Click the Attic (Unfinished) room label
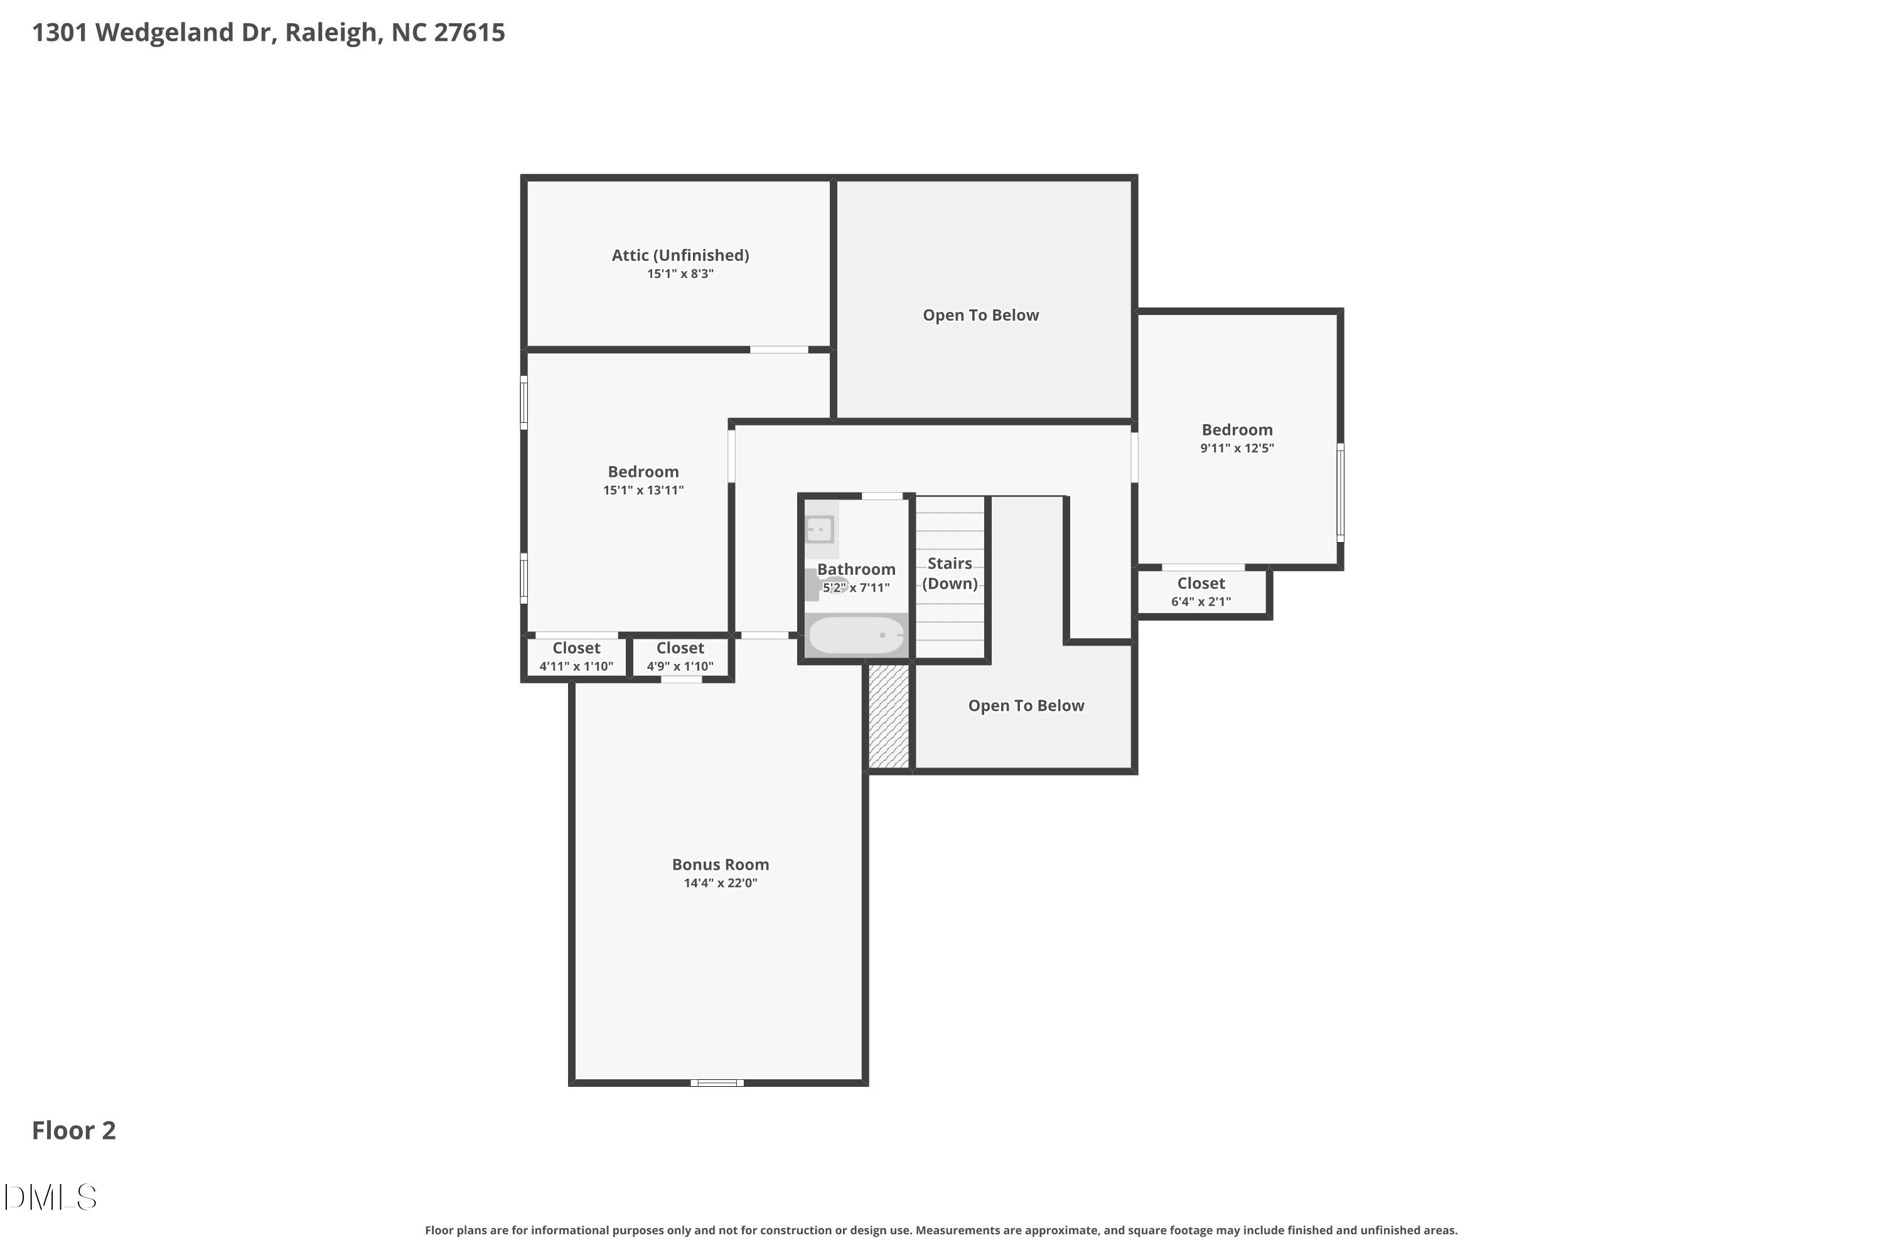(x=680, y=255)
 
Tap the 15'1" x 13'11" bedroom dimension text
(x=644, y=490)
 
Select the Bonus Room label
(x=721, y=865)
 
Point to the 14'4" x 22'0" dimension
(x=721, y=883)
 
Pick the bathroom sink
(x=820, y=529)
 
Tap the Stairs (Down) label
(x=950, y=573)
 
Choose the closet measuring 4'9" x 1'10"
(x=680, y=656)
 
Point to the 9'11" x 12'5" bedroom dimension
(x=1237, y=448)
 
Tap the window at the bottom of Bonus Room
(x=717, y=1083)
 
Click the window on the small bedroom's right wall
(x=1340, y=492)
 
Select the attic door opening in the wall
(x=779, y=350)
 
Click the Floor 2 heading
(x=73, y=1130)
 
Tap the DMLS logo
(x=50, y=1197)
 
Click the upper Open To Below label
(x=980, y=316)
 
